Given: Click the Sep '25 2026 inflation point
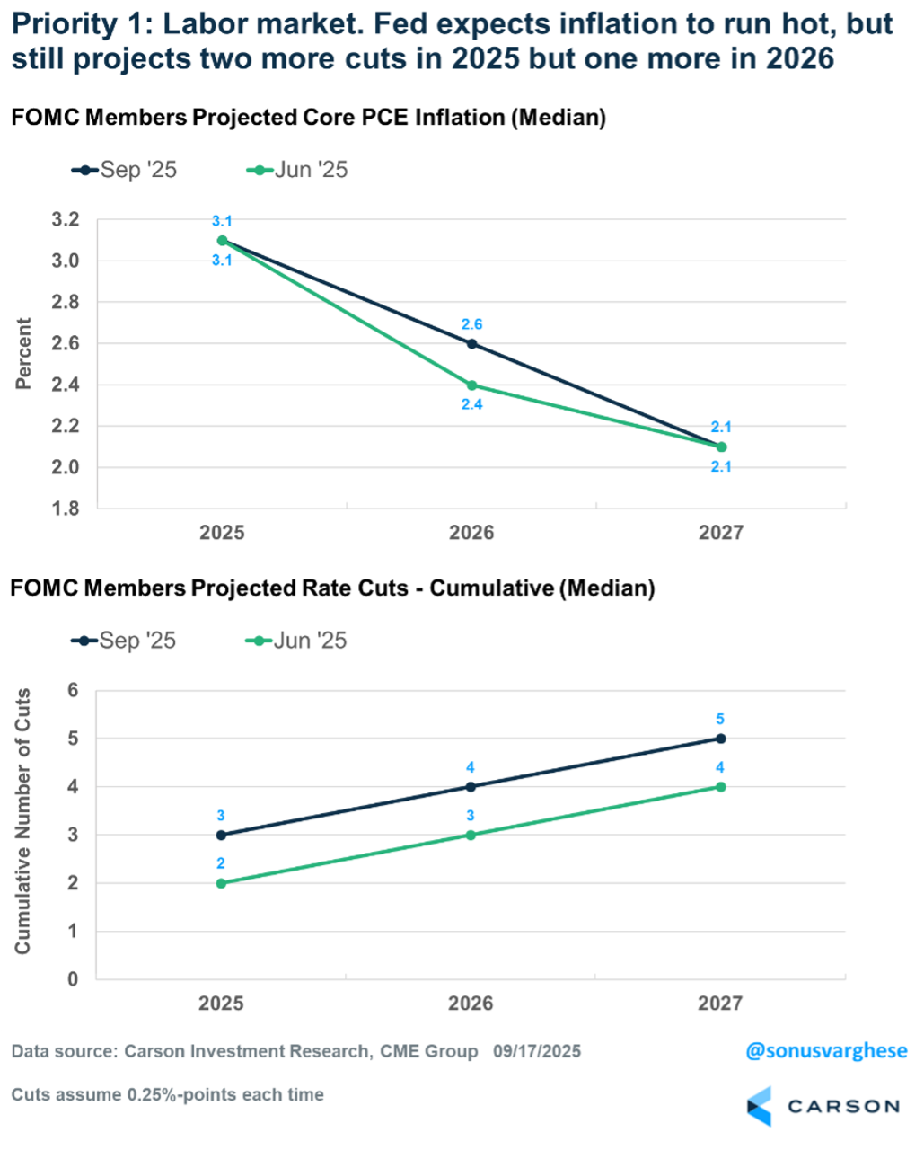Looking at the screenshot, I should click(471, 343).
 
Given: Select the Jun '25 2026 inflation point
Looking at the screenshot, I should click(471, 385).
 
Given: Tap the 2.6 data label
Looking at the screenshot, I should click(471, 324).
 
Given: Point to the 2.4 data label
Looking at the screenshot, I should click(471, 405).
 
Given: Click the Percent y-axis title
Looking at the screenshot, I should click(23, 353).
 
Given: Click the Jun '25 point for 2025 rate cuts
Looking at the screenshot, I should click(222, 883).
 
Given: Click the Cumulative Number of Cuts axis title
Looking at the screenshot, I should click(23, 821).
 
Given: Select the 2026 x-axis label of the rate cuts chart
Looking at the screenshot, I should click(471, 1003).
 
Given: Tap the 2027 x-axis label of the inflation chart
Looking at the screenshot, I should click(721, 533).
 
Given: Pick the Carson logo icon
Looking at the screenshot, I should click(760, 1106).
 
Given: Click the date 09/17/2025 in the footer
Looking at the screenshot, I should click(537, 1051).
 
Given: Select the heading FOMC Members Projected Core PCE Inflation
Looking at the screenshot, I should click(307, 118).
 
